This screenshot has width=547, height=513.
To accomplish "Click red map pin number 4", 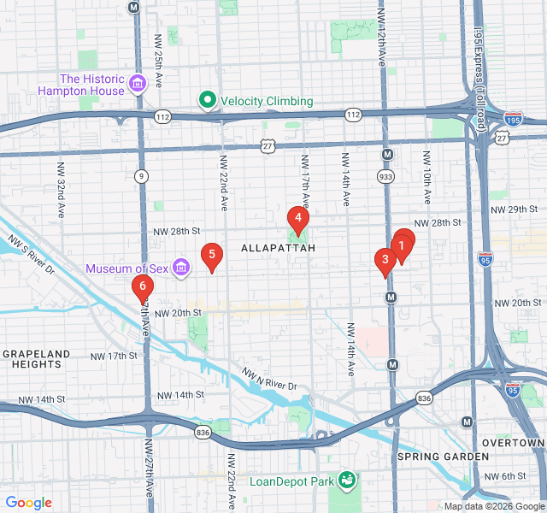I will point(297,218).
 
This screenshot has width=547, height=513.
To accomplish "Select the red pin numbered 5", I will point(211,255).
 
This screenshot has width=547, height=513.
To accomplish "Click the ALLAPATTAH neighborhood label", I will point(279,248).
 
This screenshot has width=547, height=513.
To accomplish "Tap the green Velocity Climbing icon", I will point(207,101).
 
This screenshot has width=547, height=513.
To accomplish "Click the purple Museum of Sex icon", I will point(180,268).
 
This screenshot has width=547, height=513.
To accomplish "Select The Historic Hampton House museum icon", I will point(138,85).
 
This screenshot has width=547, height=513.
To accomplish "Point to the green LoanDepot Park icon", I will point(346,481).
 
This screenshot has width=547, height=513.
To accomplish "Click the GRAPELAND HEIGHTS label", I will point(36,360).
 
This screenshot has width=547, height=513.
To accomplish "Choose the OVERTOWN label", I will point(513,443).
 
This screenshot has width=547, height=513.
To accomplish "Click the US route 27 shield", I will point(268,147).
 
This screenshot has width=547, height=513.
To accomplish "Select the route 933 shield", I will point(387,176).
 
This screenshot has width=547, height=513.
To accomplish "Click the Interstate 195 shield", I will point(514,118).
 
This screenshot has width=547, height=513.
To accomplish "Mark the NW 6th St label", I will point(503,477).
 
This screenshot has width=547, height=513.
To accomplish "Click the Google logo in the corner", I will point(28,503).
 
